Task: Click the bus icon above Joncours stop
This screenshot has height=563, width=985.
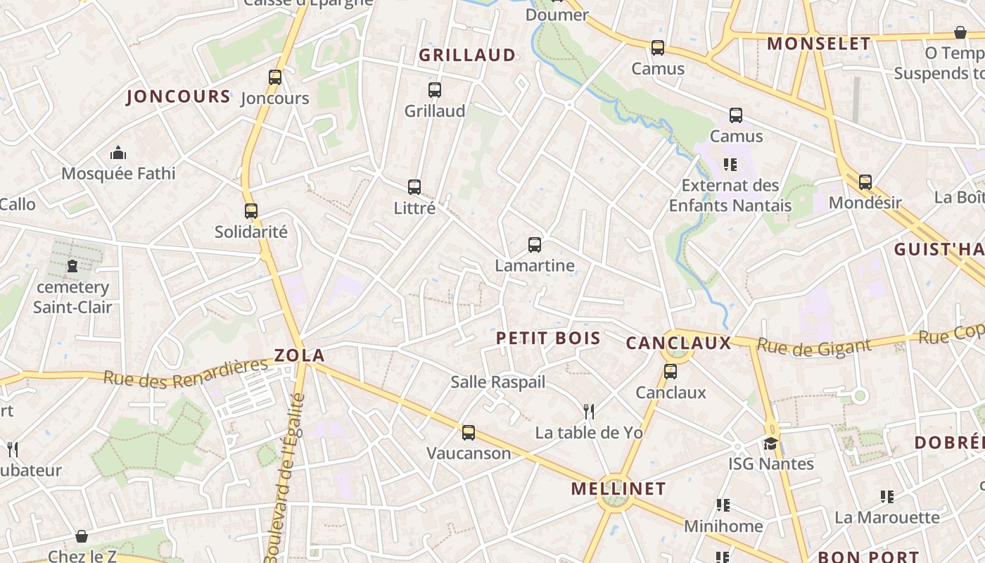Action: point(274,77)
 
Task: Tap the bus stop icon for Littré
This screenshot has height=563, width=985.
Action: point(414,187)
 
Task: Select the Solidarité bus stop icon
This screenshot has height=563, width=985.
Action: point(251,210)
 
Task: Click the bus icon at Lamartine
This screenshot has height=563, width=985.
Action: point(535,245)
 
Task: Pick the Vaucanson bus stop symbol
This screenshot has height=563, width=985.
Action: point(469,432)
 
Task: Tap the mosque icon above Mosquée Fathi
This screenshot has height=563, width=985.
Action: point(118,153)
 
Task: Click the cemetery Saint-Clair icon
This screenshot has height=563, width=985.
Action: point(72,266)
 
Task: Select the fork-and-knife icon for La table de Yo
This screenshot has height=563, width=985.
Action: point(589,411)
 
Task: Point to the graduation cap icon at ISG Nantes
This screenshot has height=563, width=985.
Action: point(771,443)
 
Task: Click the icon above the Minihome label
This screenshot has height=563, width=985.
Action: point(723,505)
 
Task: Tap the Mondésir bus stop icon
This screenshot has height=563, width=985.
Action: point(865,182)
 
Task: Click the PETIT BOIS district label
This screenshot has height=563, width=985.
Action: point(548,339)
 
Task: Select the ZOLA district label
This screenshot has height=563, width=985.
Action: point(300,355)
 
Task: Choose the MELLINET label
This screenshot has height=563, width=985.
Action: point(618,488)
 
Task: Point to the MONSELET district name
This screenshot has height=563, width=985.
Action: point(819,44)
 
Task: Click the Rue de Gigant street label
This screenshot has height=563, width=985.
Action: point(814,346)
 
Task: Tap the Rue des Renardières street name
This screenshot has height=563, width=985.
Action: point(186,372)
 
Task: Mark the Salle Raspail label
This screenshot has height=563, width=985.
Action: point(498,382)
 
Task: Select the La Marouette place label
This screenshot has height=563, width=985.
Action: point(887,517)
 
